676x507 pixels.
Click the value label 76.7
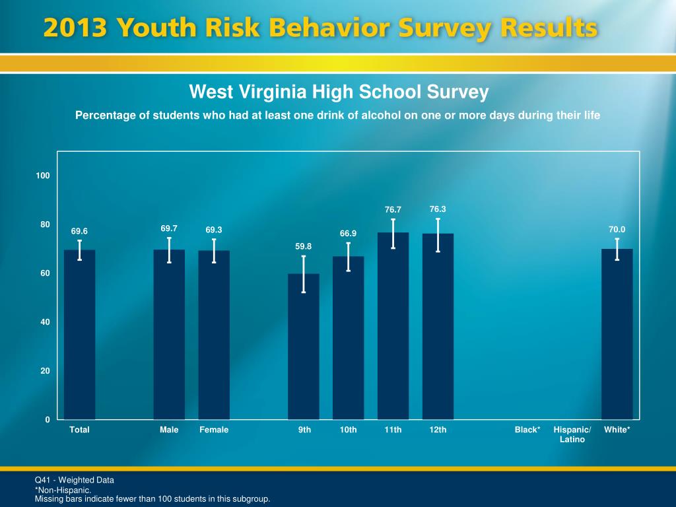393,210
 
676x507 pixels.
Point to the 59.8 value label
303,246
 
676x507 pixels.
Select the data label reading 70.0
617,230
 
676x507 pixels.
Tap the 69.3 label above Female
214,230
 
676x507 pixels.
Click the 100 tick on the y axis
44,176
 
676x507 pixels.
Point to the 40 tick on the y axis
45,322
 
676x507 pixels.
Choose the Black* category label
527,430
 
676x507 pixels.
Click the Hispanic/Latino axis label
572,434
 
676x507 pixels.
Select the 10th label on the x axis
348,430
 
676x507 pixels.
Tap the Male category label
169,430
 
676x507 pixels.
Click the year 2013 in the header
75,29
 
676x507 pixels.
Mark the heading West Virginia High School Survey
339,92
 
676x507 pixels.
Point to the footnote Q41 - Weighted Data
74,480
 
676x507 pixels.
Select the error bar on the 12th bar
438,235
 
